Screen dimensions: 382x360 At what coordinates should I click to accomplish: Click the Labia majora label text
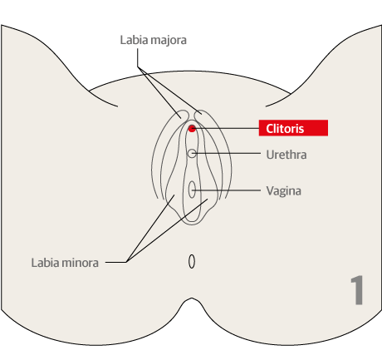click(x=153, y=40)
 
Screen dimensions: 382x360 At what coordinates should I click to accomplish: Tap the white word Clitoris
click(x=285, y=129)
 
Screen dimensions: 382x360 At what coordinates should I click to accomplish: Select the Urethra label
click(x=286, y=155)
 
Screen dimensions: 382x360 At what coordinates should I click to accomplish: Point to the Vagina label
click(x=283, y=191)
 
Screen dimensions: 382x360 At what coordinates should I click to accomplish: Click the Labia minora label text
click(x=65, y=263)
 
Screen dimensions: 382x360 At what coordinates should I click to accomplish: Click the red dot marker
click(x=192, y=128)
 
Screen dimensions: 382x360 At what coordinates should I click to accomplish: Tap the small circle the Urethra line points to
click(x=192, y=153)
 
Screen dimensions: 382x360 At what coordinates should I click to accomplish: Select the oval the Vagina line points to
click(x=192, y=190)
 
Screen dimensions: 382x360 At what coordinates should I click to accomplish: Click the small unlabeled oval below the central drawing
click(x=192, y=262)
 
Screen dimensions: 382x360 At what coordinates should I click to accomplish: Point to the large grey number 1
click(x=357, y=290)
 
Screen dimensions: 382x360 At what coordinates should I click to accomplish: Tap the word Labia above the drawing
click(x=135, y=40)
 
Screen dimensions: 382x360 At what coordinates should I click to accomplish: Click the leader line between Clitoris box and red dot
click(x=226, y=128)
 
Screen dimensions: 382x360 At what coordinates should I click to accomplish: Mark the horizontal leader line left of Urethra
click(x=227, y=153)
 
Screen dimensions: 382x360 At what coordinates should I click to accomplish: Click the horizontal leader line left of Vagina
click(x=227, y=190)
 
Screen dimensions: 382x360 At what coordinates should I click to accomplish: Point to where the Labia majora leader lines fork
click(x=138, y=67)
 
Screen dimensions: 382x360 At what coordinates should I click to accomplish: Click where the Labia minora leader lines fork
click(x=126, y=262)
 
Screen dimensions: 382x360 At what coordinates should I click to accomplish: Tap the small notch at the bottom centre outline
click(x=192, y=298)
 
